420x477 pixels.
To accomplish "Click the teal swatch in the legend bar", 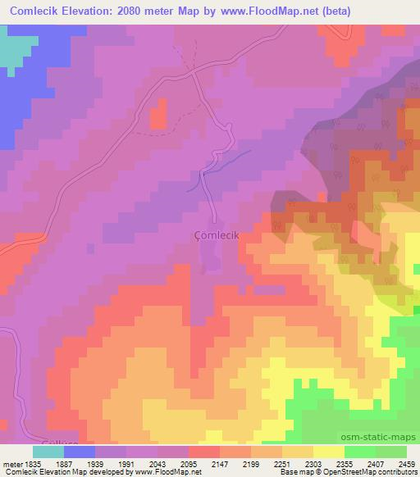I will [48, 452].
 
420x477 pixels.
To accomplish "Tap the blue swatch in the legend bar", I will [80, 452].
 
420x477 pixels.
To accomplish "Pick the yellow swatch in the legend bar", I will [329, 452].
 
